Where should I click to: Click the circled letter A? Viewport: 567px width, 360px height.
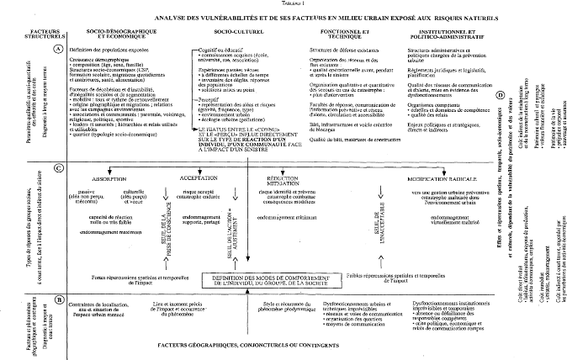[58, 50]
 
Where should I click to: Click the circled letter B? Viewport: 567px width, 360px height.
[58, 274]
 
